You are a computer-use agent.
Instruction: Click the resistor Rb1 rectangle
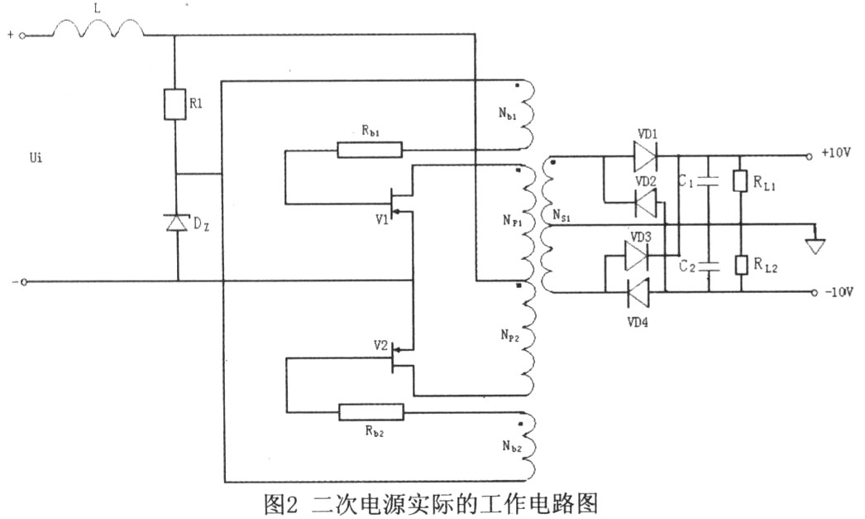(370, 150)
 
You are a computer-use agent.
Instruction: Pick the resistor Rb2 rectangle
(371, 411)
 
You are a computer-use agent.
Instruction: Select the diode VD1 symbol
(644, 155)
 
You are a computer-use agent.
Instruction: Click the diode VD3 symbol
(637, 256)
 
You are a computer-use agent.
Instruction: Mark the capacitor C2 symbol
(710, 265)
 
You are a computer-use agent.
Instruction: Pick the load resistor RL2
(741, 265)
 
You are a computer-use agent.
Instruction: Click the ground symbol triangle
(815, 246)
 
